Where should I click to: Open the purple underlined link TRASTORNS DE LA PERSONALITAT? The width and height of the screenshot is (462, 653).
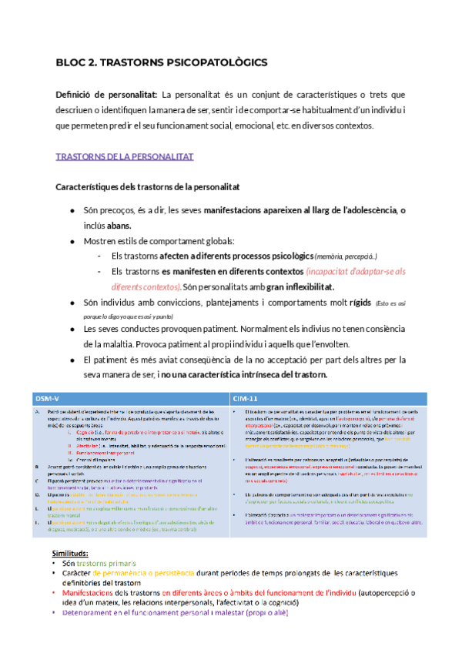125,156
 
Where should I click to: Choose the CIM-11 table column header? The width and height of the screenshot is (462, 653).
246,397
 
